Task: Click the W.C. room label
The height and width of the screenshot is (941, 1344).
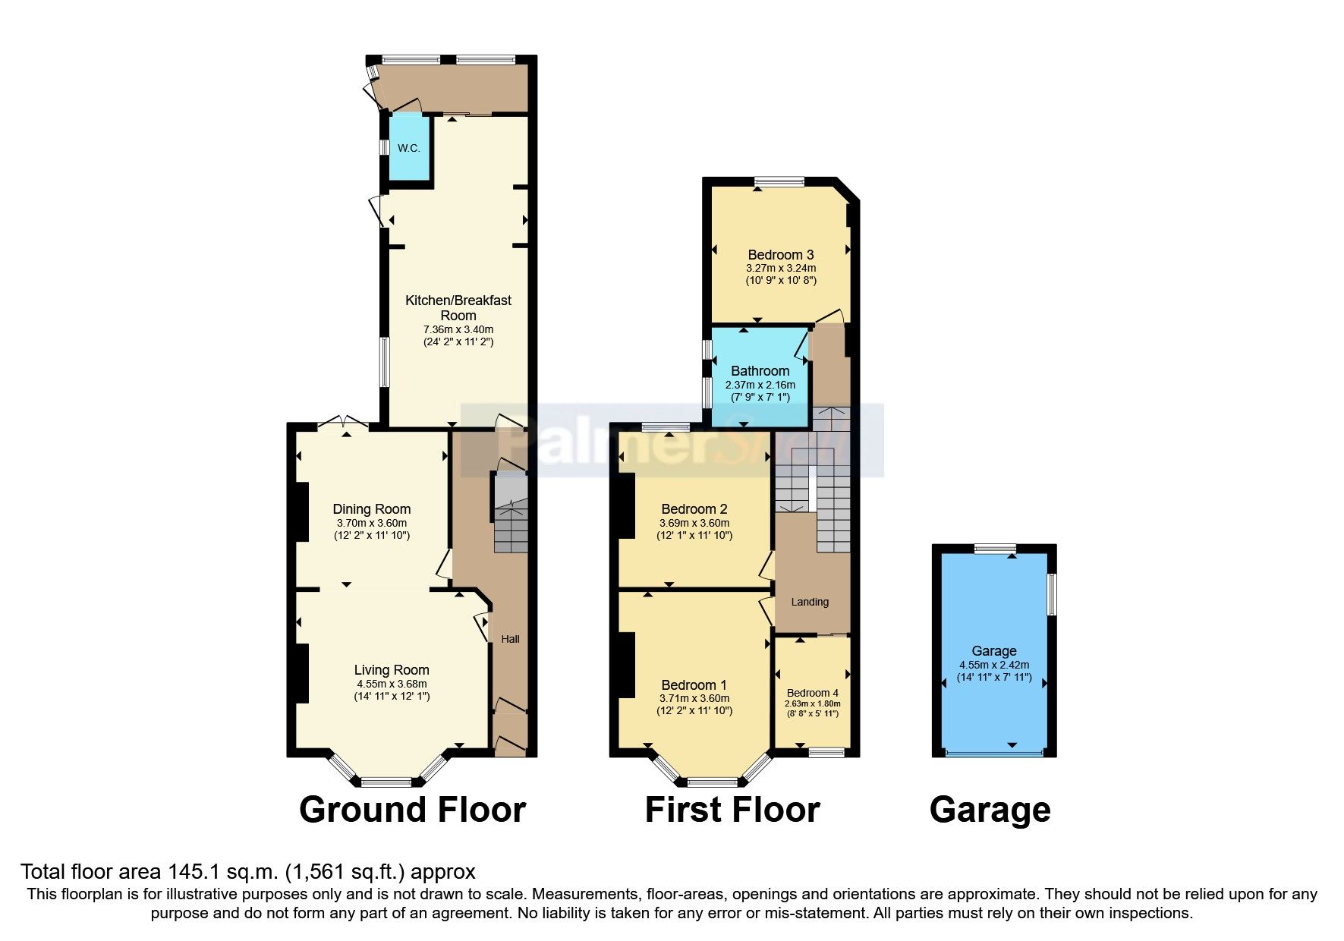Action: point(408,148)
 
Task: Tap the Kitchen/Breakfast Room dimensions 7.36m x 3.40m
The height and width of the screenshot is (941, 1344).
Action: point(458,329)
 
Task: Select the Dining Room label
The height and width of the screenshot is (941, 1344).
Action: point(371,509)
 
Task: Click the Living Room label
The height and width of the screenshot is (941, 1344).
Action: point(392,670)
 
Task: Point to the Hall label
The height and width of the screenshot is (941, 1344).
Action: point(510,639)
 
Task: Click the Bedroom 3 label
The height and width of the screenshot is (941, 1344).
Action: point(780,255)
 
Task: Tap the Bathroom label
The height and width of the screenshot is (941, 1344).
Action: point(760,371)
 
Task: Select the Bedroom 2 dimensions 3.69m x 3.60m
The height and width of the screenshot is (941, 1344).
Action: point(694,523)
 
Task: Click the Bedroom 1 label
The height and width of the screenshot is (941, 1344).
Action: point(694,685)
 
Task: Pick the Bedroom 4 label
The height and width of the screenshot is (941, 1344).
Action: point(812,693)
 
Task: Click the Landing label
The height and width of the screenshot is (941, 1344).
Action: point(810,602)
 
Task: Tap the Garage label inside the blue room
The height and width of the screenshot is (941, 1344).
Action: point(993,651)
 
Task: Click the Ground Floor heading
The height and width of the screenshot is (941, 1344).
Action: point(412,810)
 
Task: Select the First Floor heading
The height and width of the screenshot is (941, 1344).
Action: point(732,810)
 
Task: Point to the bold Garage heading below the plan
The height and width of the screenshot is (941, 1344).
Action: point(990,810)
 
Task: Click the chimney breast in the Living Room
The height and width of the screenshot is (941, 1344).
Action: point(302,673)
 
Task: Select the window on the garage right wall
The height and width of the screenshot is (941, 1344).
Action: point(1052,594)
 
